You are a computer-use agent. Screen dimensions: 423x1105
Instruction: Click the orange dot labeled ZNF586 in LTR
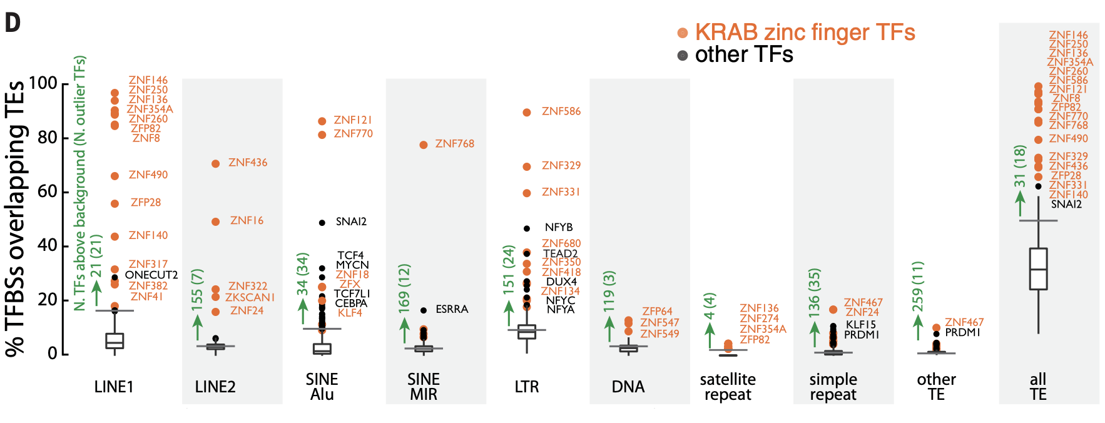pos(527,112)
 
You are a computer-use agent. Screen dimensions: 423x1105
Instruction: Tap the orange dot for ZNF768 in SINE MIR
pos(424,145)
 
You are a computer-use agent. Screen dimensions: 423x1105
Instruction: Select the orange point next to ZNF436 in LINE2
pos(216,163)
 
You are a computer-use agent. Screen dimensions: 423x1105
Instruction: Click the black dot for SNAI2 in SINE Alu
pos(322,222)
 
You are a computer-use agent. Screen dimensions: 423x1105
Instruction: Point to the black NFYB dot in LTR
pos(527,228)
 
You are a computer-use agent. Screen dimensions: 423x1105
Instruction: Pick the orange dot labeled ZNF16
pos(216,222)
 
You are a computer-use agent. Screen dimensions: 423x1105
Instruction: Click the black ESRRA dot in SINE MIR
pos(424,310)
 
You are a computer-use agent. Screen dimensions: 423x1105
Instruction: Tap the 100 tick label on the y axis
pos(43,83)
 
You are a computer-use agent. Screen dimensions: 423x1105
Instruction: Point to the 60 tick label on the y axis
pos(48,191)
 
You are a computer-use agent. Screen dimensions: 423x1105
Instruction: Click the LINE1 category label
pos(114,387)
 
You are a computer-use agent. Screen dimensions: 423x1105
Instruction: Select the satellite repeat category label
pos(728,387)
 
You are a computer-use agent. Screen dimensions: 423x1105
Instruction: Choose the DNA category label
pos(628,387)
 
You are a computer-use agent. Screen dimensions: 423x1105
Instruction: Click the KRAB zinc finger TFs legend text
pos(805,33)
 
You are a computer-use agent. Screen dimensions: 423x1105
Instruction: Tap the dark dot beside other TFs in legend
pos(683,55)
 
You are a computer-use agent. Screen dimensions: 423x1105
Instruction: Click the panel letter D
pos(13,23)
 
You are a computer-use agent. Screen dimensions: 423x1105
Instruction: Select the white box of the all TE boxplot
pos(1038,268)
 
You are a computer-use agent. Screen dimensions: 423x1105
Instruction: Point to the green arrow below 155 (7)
pos(198,327)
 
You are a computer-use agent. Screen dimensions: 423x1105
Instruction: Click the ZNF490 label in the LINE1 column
pos(148,175)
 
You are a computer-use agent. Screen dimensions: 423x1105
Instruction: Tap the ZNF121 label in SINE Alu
pos(353,120)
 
